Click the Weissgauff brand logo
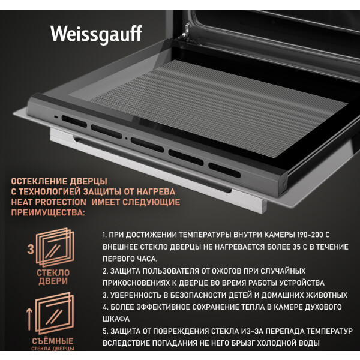(x=96, y=34)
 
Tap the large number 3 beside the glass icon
(x=31, y=250)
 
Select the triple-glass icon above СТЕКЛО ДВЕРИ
(x=55, y=247)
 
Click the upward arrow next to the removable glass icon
(x=29, y=319)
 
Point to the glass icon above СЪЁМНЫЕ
(x=55, y=313)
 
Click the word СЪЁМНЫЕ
(x=53, y=341)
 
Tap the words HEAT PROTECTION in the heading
(x=49, y=202)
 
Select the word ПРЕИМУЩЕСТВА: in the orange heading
(x=48, y=212)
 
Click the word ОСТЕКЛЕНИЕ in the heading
(x=39, y=181)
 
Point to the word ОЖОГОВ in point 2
(x=227, y=271)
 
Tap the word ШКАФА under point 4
(x=116, y=319)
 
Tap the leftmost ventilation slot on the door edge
(x=74, y=121)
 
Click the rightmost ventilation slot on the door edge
(x=224, y=170)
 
